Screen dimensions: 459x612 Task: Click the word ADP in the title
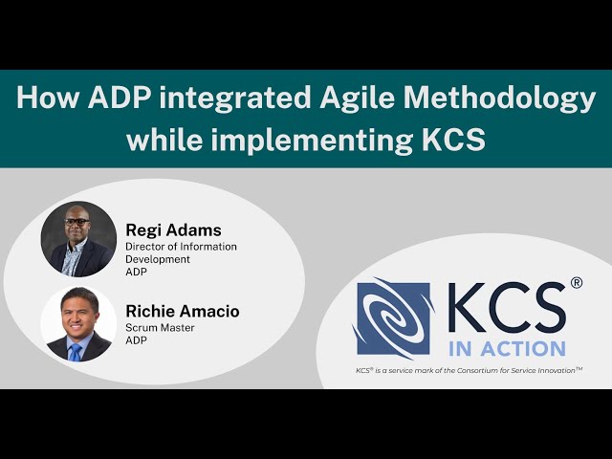[113, 98]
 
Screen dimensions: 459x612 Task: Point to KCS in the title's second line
[448, 140]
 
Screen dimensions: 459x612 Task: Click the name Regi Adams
[173, 229]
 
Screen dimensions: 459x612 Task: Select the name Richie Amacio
[183, 311]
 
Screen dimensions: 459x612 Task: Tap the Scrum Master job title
[160, 328]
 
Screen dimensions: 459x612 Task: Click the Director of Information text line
[181, 247]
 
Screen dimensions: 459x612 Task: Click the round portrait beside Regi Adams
[78, 239]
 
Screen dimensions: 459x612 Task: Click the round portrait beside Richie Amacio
[78, 323]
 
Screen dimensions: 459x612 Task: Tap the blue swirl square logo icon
[394, 318]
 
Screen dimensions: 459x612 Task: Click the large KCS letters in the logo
[506, 308]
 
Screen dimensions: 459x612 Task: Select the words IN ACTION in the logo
[507, 348]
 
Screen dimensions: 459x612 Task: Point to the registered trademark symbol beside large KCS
[576, 283]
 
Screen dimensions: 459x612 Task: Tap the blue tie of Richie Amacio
[76, 351]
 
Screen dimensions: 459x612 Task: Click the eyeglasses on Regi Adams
[77, 222]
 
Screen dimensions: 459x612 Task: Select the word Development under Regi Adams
[158, 259]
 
